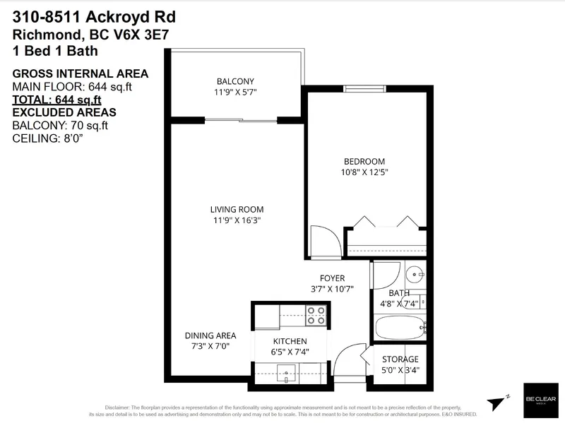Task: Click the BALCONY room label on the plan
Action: (236, 81)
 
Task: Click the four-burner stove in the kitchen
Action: (316, 315)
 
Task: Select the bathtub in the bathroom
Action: (400, 328)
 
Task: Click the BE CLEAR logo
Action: (539, 400)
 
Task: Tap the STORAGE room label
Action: (400, 359)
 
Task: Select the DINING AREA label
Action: (210, 335)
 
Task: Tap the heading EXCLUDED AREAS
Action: (64, 112)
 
